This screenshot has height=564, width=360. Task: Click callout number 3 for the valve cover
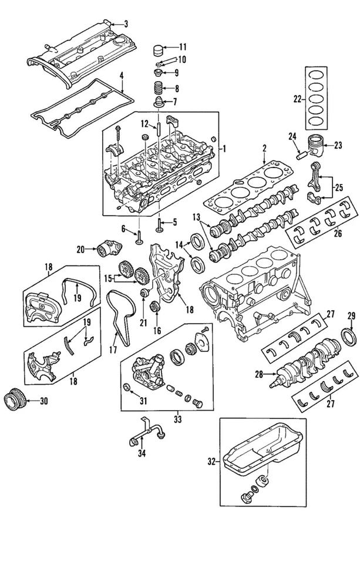tap(125, 24)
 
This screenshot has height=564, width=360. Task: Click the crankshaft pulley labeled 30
tap(14, 402)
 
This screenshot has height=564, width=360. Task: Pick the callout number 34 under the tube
tap(140, 453)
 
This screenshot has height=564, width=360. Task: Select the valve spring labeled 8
tap(157, 89)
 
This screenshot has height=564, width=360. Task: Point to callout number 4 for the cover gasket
tap(122, 75)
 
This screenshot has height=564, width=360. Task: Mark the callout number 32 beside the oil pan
tap(212, 461)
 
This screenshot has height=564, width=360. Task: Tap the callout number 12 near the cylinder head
tap(144, 124)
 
